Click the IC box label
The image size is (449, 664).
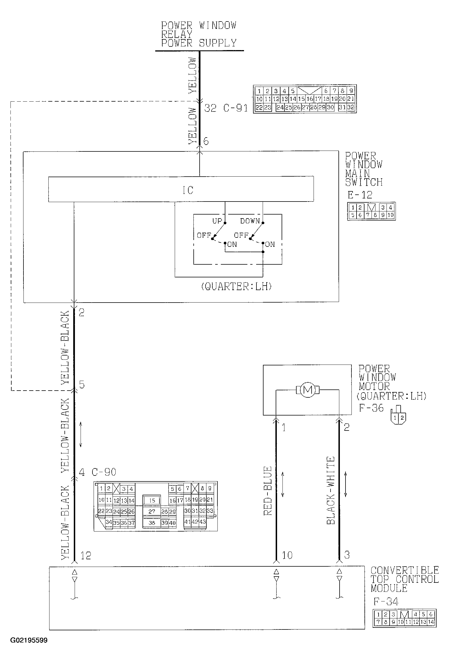(x=188, y=190)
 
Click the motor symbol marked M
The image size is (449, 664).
(x=307, y=390)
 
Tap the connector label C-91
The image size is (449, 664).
(x=236, y=108)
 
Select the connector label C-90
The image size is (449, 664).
(x=104, y=472)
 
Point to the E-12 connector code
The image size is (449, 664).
(x=360, y=195)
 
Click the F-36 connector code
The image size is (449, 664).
(x=371, y=408)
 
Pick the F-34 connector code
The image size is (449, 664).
(x=386, y=602)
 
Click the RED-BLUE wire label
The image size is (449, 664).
(x=268, y=491)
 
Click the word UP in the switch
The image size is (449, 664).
(x=217, y=221)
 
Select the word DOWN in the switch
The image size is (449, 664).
(x=250, y=221)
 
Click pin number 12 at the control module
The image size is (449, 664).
(x=85, y=556)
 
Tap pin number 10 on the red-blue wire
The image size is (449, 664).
(x=287, y=555)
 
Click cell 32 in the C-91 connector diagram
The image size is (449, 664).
(x=351, y=108)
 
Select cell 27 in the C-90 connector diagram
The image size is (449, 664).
(x=152, y=511)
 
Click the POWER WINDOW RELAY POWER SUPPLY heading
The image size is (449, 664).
(x=199, y=34)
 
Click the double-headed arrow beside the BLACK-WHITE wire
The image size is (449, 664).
(x=346, y=484)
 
